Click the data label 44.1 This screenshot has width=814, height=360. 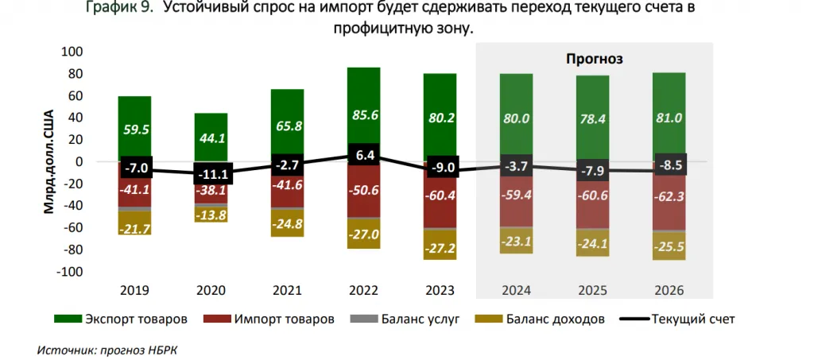pyautogui.click(x=211, y=137)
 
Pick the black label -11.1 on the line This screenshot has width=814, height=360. pyautogui.click(x=211, y=174)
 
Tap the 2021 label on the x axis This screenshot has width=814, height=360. pyautogui.click(x=287, y=291)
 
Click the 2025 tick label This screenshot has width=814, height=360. pyautogui.click(x=592, y=291)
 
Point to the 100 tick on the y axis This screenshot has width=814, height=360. pyautogui.click(x=72, y=52)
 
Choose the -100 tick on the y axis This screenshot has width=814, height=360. pyautogui.click(x=70, y=272)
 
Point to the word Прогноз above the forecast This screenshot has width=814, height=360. pyautogui.click(x=594, y=58)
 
